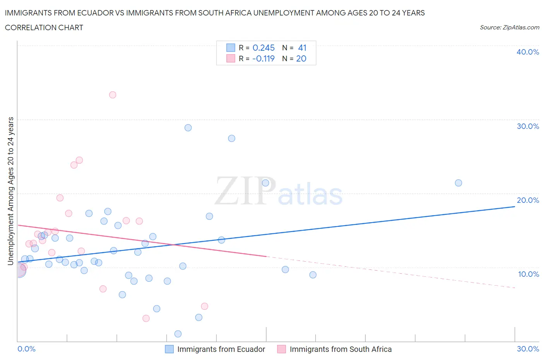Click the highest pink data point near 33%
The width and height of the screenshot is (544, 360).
[113, 95]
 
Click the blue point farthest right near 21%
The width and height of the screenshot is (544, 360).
[458, 183]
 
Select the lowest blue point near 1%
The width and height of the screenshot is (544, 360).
[178, 334]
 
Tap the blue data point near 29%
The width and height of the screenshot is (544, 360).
[188, 128]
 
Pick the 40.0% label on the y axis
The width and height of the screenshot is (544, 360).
[528, 52]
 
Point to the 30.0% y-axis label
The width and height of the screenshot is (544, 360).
[528, 126]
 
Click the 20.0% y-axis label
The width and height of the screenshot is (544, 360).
[528, 200]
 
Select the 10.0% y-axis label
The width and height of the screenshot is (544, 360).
[528, 274]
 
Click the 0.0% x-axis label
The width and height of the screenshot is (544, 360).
[27, 349]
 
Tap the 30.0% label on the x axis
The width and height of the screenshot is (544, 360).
[528, 349]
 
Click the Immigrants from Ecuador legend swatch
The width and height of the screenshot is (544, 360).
[169, 349]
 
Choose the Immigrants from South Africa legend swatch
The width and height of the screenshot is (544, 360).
[282, 349]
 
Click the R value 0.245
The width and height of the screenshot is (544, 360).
[263, 48]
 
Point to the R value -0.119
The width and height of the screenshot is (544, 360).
[263, 58]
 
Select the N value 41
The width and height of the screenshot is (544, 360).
[302, 48]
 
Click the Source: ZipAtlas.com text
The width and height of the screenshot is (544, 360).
[509, 27]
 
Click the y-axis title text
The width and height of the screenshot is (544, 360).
[10, 191]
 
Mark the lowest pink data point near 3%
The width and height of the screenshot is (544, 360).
[146, 318]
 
